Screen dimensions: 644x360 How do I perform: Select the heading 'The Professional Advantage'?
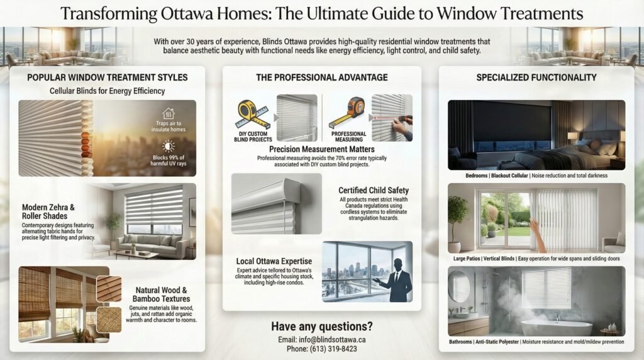click(321, 77)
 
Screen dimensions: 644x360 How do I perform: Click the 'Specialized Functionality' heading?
click(536, 77)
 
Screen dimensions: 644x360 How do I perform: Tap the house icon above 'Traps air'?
click(168, 113)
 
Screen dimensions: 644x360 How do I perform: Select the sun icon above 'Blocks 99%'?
click(168, 146)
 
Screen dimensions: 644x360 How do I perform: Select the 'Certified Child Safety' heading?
click(374, 190)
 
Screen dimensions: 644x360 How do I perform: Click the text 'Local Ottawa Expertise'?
click(274, 261)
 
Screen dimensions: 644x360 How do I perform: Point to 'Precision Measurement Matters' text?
click(321, 149)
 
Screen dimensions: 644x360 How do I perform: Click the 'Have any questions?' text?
click(321, 326)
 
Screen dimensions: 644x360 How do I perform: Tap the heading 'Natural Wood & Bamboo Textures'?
click(161, 295)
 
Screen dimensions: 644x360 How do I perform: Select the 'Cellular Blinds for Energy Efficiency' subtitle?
click(107, 91)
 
